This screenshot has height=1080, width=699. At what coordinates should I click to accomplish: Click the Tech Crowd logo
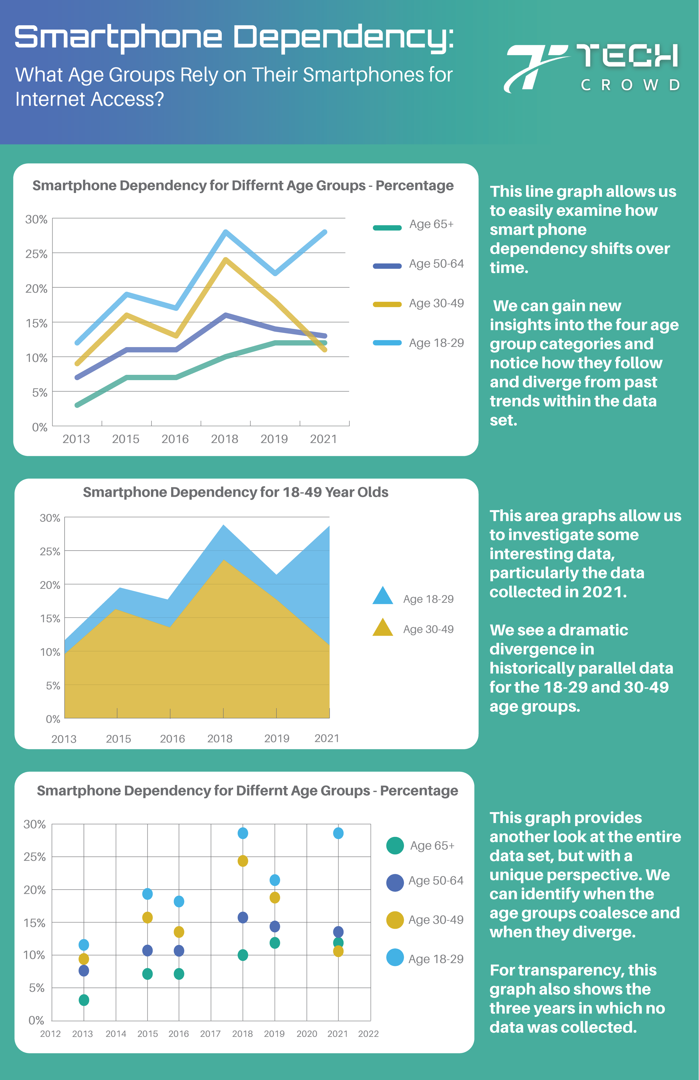[x=592, y=68]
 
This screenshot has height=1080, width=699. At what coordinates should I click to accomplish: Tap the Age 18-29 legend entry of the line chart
[x=436, y=343]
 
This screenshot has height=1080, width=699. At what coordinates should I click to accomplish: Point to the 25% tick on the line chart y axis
[x=36, y=254]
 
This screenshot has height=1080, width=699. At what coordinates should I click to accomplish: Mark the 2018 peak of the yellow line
[x=226, y=260]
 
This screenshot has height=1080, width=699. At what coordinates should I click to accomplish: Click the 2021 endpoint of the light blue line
[x=325, y=232]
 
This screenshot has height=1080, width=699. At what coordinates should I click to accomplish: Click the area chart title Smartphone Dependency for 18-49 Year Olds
[x=236, y=492]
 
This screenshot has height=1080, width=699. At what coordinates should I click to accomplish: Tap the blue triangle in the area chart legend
[x=383, y=596]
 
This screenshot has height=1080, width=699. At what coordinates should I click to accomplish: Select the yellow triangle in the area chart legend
[x=383, y=628]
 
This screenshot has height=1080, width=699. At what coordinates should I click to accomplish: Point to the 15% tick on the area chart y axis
[x=50, y=619]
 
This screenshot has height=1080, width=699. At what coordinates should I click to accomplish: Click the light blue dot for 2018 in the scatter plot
[x=243, y=833]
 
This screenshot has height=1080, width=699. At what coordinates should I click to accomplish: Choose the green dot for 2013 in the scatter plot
[x=84, y=1000]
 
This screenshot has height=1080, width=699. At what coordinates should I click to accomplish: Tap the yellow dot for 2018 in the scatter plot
[x=243, y=861]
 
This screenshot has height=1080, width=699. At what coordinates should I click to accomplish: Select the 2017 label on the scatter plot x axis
[x=210, y=1034]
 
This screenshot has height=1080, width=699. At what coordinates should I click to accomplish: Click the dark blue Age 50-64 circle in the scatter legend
[x=395, y=883]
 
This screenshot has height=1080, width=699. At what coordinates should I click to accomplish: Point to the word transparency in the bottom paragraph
[x=572, y=970]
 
